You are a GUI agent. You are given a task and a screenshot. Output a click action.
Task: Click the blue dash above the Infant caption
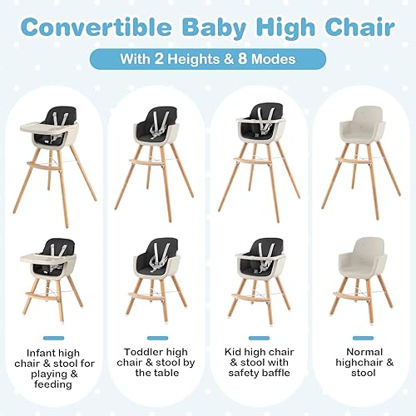(54, 338)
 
